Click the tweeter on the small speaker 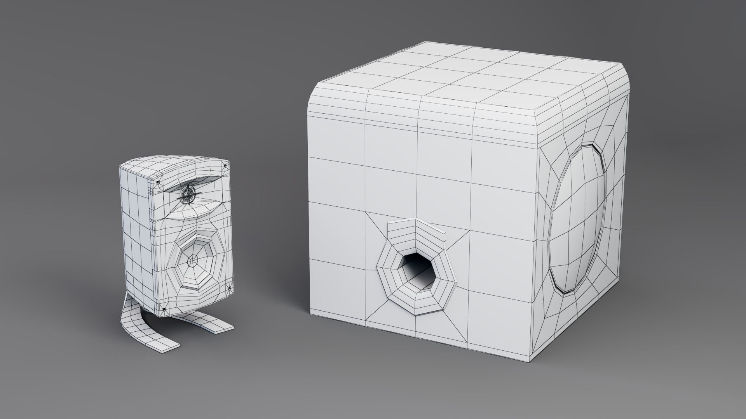click(188, 195)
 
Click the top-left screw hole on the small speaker click(158, 182)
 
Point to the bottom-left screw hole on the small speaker click(164, 309)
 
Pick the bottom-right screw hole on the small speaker click(229, 288)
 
